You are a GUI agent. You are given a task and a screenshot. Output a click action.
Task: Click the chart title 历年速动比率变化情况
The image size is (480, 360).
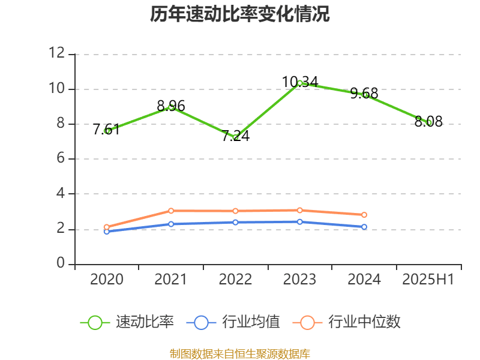point(240,14)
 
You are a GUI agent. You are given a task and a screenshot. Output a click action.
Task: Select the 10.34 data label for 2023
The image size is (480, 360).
point(300,82)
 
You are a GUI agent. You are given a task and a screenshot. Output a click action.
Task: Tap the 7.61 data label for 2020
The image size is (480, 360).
point(106,130)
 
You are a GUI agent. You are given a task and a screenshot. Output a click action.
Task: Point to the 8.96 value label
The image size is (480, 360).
point(171,107)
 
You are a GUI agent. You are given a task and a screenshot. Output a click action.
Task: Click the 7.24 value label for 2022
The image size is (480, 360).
point(236,136)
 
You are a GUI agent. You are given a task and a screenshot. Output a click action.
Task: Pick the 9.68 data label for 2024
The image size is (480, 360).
point(364,94)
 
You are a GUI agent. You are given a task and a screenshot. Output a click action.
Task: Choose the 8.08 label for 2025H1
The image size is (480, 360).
point(428,122)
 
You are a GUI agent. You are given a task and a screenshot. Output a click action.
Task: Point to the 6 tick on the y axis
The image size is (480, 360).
point(61,159)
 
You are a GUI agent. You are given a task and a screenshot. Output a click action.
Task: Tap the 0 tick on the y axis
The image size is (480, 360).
point(61,264)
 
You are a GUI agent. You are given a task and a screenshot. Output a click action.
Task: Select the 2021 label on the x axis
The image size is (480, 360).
point(171,279)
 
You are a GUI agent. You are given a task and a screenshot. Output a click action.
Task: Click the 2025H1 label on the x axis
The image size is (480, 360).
point(428,279)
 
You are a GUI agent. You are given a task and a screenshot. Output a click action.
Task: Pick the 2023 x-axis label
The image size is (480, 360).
point(300,279)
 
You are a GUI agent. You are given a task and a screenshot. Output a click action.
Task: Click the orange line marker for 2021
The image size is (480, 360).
point(171,211)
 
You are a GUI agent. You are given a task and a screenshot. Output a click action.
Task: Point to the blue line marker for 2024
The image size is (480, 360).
point(364,227)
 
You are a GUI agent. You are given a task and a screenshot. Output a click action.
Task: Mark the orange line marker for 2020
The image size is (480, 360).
point(107,227)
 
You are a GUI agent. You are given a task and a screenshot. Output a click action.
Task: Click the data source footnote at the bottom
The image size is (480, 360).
point(240,353)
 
